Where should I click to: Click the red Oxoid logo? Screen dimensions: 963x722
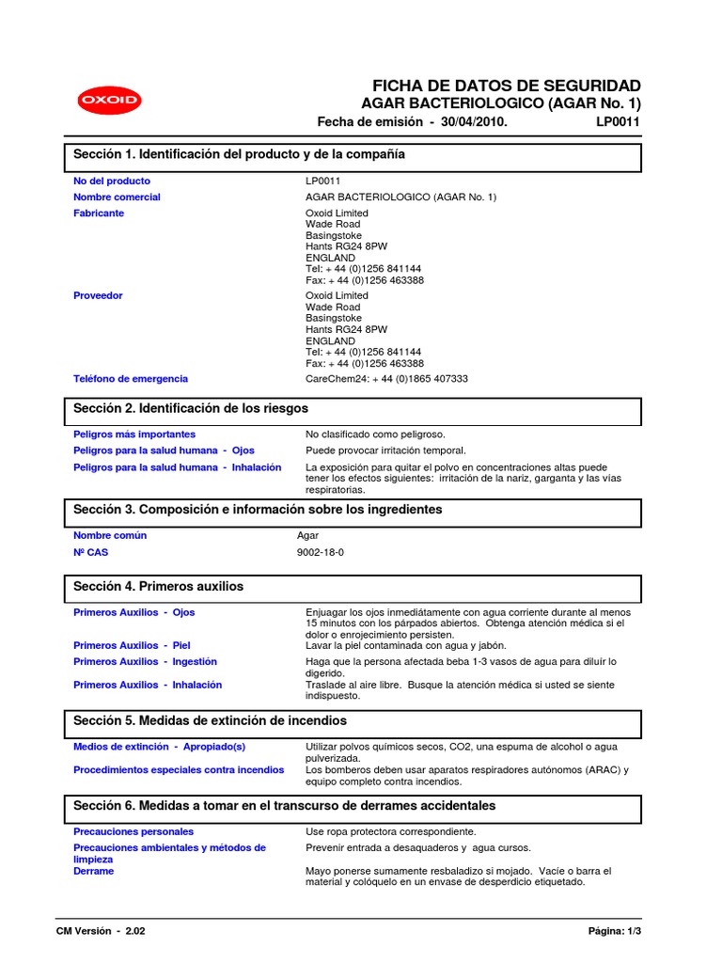click(x=108, y=101)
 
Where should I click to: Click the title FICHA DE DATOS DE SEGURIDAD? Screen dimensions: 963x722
click(x=507, y=85)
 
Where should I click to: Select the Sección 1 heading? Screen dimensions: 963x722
click(x=240, y=154)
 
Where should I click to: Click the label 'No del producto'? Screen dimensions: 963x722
click(x=112, y=181)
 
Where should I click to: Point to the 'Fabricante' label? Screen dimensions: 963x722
click(x=99, y=213)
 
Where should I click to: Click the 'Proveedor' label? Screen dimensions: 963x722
click(x=98, y=296)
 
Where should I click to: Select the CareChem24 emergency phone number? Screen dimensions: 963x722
click(x=386, y=379)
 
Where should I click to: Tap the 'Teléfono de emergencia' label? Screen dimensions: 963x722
click(x=131, y=379)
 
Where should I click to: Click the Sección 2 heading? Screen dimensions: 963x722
click(x=191, y=409)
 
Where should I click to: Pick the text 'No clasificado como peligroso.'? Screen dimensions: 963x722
click(x=375, y=434)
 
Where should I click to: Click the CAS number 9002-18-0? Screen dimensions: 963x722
click(x=320, y=552)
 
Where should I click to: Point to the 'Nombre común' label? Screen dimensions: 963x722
click(x=110, y=535)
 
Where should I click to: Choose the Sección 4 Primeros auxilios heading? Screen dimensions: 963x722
click(x=158, y=586)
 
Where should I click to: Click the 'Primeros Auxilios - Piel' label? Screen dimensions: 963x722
click(x=132, y=646)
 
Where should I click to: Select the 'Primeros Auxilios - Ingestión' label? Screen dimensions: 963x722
click(x=145, y=662)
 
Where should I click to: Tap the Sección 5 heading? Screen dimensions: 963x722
click(x=210, y=720)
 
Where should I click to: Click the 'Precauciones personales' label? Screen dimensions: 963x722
click(x=133, y=831)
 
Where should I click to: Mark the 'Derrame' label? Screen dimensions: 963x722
click(x=93, y=871)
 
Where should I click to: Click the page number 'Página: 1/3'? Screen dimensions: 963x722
click(x=614, y=931)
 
